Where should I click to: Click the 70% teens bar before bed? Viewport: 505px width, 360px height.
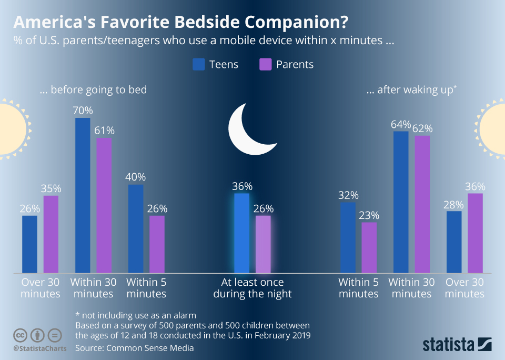click(83, 196)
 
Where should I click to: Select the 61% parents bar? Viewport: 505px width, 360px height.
click(104, 206)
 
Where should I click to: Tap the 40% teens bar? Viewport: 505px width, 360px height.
click(136, 229)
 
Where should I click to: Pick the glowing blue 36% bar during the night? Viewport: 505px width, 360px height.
click(242, 233)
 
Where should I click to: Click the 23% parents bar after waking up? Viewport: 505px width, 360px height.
click(369, 248)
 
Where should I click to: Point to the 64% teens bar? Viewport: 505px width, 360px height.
click(401, 203)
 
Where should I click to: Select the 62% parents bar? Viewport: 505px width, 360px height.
click(422, 205)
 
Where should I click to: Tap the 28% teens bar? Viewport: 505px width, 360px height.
click(454, 242)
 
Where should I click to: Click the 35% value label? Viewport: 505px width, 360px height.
click(51, 188)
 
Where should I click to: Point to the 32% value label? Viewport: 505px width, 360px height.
click(348, 195)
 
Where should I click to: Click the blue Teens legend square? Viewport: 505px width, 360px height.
click(199, 64)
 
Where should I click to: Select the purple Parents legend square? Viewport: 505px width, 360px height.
click(265, 64)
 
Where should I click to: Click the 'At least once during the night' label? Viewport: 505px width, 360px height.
click(252, 288)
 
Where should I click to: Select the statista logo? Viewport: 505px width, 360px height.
click(457, 344)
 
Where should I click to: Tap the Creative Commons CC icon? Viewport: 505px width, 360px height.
click(20, 335)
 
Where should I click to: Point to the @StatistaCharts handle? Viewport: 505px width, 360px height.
click(40, 348)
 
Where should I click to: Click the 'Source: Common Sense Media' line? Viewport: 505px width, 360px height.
click(135, 348)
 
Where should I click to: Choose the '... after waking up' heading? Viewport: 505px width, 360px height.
click(411, 89)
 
